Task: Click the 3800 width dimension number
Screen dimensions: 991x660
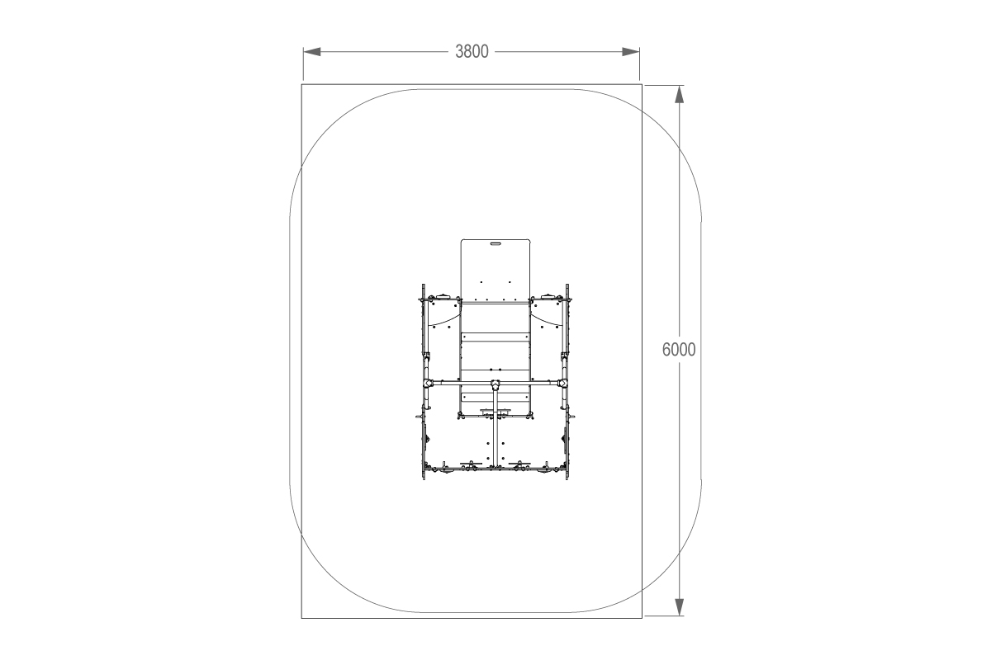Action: click(x=472, y=52)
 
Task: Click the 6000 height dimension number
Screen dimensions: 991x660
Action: click(x=679, y=350)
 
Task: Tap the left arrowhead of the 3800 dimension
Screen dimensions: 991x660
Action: click(x=312, y=52)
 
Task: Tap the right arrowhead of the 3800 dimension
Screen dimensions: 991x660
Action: click(x=630, y=52)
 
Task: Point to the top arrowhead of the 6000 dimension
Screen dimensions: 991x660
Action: click(x=679, y=94)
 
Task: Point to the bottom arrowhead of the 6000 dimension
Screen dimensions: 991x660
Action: click(x=679, y=607)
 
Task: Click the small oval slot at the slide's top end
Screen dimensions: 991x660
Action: click(x=495, y=243)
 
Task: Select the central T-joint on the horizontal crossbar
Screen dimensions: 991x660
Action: click(x=495, y=384)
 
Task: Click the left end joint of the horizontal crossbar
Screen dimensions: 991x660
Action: click(x=428, y=384)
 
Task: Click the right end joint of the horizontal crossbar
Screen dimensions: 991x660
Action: click(x=562, y=384)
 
